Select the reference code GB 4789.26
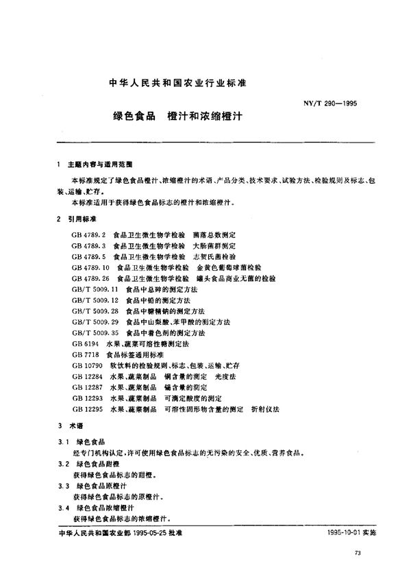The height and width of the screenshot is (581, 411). [89, 280]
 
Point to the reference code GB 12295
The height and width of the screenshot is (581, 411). [86, 408]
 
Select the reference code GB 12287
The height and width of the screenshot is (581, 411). [86, 387]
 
